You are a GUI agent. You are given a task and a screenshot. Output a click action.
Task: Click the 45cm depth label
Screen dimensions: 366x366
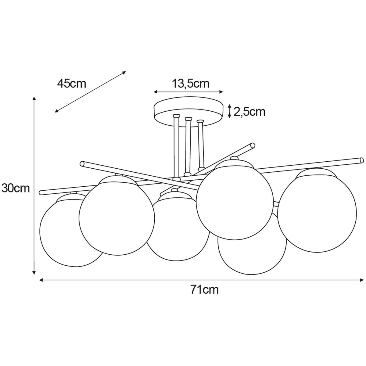pyautogui.click(x=72, y=84)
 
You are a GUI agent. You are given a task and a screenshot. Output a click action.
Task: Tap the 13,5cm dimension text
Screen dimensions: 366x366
pyautogui.click(x=191, y=84)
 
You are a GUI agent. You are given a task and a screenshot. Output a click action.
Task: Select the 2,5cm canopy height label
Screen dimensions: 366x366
pyautogui.click(x=249, y=112)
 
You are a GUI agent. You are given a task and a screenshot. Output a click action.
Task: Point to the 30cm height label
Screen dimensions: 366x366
pyautogui.click(x=16, y=188)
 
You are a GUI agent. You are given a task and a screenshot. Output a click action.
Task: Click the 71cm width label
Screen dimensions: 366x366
pyautogui.click(x=204, y=290)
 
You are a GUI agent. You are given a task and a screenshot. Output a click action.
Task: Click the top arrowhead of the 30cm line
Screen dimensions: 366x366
pyautogui.click(x=34, y=99)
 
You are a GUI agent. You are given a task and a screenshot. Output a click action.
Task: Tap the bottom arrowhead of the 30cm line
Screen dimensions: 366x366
pyautogui.click(x=34, y=273)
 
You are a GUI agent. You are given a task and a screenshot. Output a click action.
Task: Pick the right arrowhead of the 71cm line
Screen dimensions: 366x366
pyautogui.click(x=361, y=280)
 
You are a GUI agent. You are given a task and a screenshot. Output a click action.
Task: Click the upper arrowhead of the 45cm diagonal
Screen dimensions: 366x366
pyautogui.click(x=124, y=72)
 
